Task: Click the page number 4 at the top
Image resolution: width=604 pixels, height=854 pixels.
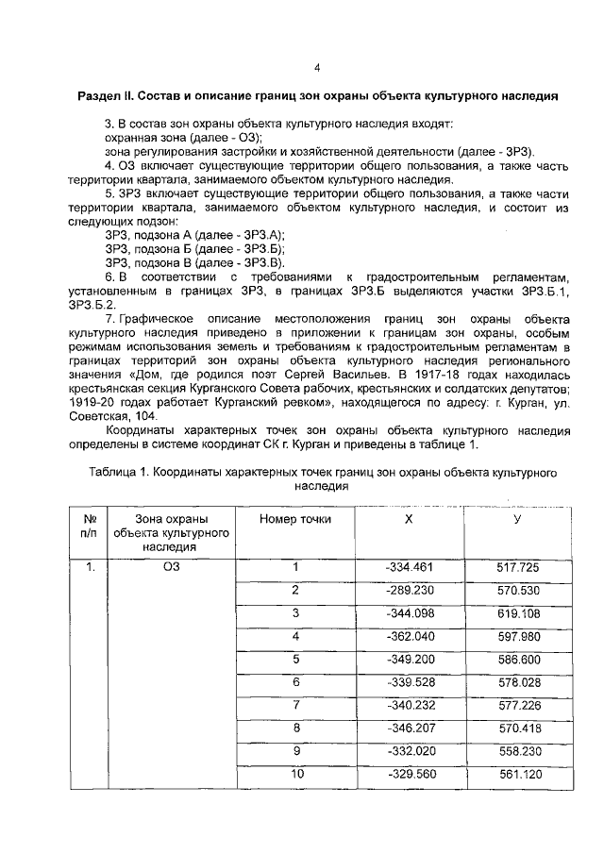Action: (x=317, y=67)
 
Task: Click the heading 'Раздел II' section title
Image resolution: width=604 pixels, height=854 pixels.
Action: (x=317, y=96)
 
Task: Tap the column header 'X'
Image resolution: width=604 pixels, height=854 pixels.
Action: (x=409, y=518)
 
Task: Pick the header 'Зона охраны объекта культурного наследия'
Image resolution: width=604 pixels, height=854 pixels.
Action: (x=171, y=531)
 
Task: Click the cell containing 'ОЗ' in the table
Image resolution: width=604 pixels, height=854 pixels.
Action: (x=171, y=567)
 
